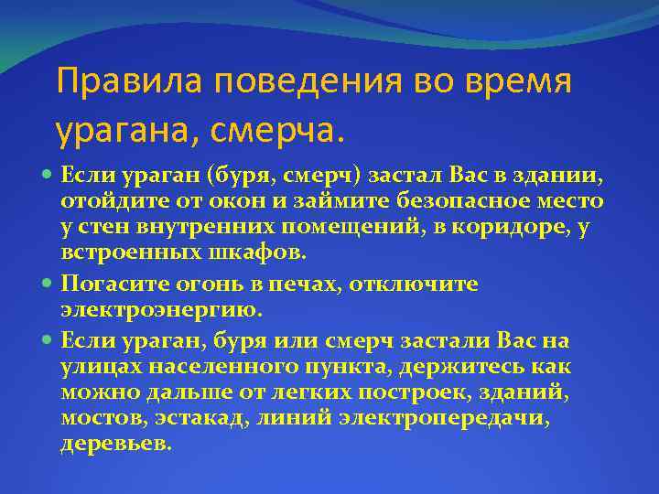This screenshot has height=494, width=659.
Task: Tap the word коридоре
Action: click(502, 226)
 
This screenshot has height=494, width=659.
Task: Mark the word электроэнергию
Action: click(162, 310)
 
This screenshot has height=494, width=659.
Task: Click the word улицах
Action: click(100, 367)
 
